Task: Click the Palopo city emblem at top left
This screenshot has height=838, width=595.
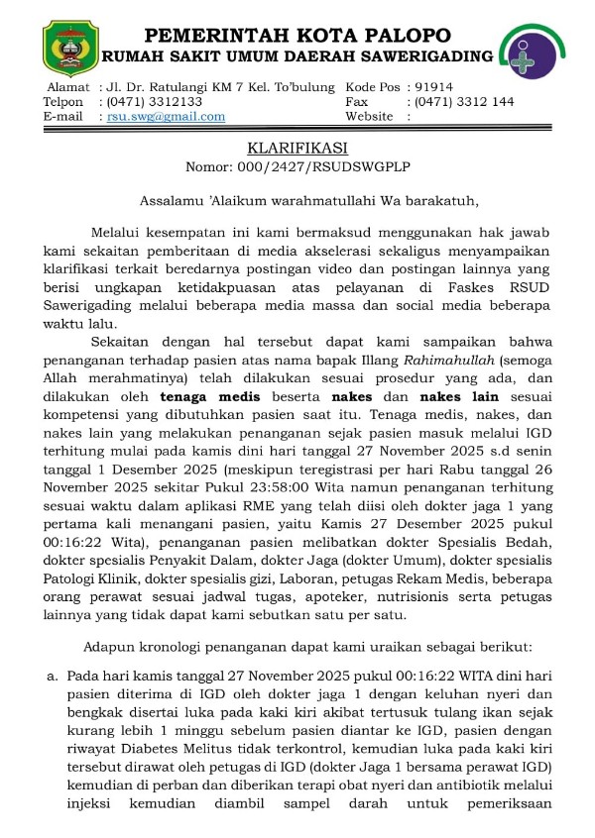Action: pyautogui.click(x=69, y=43)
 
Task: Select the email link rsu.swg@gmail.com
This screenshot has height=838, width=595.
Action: pyautogui.click(x=166, y=117)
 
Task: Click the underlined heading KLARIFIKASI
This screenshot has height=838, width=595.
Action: pyautogui.click(x=297, y=148)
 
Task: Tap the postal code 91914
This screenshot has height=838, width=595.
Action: pyautogui.click(x=434, y=87)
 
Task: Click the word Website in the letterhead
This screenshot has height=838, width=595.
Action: pyautogui.click(x=370, y=117)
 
